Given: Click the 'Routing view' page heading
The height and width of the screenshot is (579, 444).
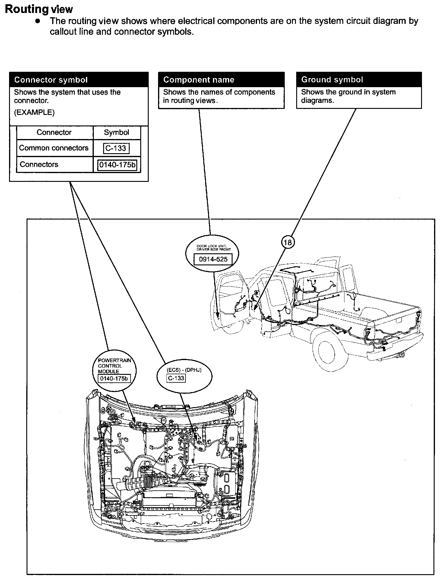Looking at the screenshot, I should point(39,9).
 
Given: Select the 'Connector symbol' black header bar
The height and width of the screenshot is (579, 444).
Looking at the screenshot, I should point(79,80).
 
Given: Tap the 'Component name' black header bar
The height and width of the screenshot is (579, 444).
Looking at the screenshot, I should point(221,80).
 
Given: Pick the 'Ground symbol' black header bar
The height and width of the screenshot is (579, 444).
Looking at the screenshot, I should point(359,80).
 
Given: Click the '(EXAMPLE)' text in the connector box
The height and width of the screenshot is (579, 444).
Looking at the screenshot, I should point(34,112).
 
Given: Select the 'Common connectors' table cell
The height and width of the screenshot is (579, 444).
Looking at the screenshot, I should point(54,148).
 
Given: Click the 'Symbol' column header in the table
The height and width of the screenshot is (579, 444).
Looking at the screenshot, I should point(116,132).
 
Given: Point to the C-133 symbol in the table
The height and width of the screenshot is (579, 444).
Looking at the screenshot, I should point(116,148).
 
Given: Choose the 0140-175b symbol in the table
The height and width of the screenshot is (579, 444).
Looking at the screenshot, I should point(117,165).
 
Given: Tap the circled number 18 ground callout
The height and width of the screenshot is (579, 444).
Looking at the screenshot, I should point(288,242).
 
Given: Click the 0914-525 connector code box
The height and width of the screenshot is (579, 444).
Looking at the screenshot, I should point(213,259).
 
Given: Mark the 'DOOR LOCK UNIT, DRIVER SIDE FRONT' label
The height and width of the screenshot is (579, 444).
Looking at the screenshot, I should point(214,248).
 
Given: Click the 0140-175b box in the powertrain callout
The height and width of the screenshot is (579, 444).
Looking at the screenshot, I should point(114,378).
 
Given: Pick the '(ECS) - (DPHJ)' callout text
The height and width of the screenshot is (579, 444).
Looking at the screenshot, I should point(184,370).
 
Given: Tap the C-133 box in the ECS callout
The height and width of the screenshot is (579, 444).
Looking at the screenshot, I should point(176,378).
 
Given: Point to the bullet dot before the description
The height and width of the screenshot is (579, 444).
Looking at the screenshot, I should point(38,21).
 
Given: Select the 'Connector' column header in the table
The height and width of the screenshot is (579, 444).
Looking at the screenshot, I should point(54,132).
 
